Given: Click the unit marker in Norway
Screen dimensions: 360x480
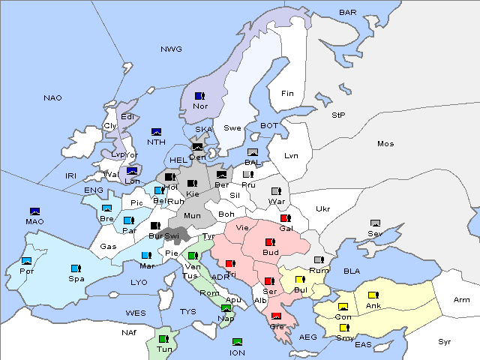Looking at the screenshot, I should pyautogui.click(x=199, y=96).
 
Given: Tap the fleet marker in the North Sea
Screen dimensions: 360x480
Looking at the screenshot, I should pyautogui.click(x=157, y=132).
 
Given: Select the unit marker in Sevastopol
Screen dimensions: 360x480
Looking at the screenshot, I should pyautogui.click(x=376, y=223).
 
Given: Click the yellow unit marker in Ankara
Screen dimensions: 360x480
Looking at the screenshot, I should pyautogui.click(x=373, y=295).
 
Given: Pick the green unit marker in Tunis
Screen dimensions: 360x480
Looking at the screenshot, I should pyautogui.click(x=163, y=339).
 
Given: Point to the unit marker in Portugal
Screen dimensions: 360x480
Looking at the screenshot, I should pyautogui.click(x=27, y=261).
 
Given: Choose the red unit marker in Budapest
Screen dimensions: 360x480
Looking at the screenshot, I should pyautogui.click(x=270, y=242).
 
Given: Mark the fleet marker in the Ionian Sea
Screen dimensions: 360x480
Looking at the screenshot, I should pyautogui.click(x=238, y=342).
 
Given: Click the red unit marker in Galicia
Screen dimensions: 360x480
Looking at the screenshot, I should pyautogui.click(x=285, y=218).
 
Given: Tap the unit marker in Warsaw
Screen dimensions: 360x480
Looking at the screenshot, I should pyautogui.click(x=275, y=190).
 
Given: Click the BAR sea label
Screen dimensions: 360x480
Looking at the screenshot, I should pyautogui.click(x=348, y=13).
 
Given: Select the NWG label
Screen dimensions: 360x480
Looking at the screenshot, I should pyautogui.click(x=171, y=49).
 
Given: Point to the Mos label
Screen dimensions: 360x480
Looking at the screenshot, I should pyautogui.click(x=385, y=143).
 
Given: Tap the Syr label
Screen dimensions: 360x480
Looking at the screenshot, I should pyautogui.click(x=445, y=341).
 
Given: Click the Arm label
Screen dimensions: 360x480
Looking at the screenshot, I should pyautogui.click(x=462, y=300).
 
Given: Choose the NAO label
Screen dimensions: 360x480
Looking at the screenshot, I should pyautogui.click(x=52, y=98).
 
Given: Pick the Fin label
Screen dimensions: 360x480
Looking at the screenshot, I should pyautogui.click(x=286, y=94).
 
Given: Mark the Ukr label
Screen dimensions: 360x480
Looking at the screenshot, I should pyautogui.click(x=322, y=208).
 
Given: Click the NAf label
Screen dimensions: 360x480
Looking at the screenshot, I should pyautogui.click(x=129, y=331).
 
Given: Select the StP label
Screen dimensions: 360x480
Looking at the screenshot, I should pyautogui.click(x=338, y=115).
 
